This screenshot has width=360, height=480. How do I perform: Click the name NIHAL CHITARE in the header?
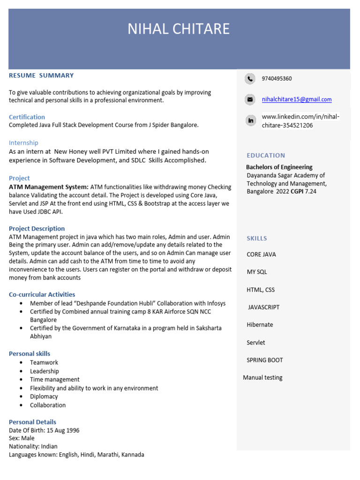(179, 29)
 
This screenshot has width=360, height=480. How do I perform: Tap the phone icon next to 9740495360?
(250, 79)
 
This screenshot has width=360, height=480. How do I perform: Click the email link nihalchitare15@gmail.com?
(296, 99)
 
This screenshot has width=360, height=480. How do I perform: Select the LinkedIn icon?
(250, 121)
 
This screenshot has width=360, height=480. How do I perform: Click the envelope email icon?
(250, 99)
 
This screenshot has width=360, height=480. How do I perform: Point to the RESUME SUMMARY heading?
(41, 75)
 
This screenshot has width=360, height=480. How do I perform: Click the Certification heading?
(27, 117)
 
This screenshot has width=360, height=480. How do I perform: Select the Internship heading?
(23, 142)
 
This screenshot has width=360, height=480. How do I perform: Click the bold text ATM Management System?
(49, 187)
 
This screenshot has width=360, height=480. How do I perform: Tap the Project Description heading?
(37, 229)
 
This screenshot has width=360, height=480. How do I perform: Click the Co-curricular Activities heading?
(42, 294)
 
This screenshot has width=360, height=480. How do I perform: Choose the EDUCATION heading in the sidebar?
(266, 155)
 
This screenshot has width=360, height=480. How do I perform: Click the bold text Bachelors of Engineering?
(279, 167)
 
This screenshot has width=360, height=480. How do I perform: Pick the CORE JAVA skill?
(261, 255)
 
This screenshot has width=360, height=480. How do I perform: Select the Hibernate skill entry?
(260, 325)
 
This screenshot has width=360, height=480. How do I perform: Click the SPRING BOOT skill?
(265, 360)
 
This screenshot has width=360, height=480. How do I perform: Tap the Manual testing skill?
(262, 378)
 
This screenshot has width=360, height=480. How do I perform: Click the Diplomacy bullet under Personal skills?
(44, 397)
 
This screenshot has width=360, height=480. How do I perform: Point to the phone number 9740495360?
(277, 79)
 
